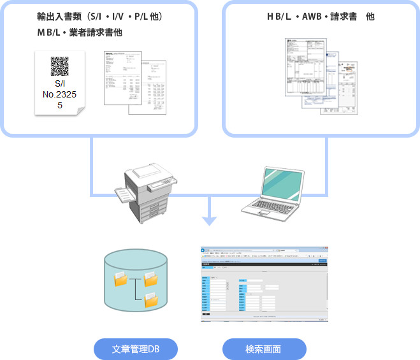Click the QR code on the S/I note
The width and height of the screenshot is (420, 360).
[x=59, y=67]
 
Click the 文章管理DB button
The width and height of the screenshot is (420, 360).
[x=135, y=349]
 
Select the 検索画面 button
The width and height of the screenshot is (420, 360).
[x=264, y=349]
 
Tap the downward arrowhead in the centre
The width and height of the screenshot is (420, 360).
[x=209, y=221]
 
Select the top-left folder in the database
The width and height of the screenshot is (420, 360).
[x=121, y=278]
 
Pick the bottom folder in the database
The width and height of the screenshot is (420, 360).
[x=151, y=299]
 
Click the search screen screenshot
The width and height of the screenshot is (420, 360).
[x=264, y=282]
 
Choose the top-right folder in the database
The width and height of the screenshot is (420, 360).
[x=151, y=278]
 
